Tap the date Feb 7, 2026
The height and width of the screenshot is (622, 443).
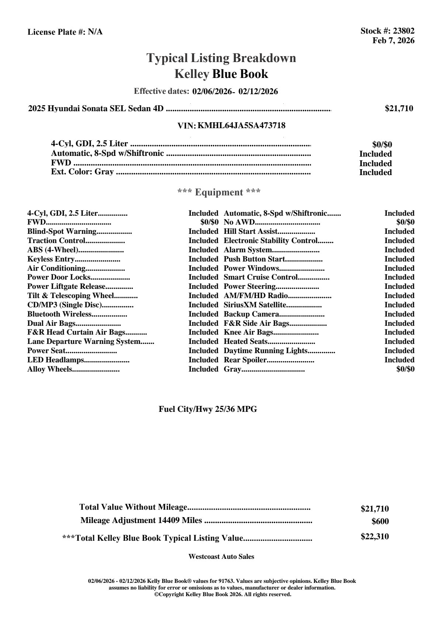point(393,40)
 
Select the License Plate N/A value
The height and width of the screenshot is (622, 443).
point(95,32)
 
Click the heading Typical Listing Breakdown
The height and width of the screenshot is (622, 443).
point(221,58)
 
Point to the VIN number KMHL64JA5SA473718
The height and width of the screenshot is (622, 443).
point(241,126)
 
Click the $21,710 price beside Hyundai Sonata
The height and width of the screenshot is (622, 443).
point(399,109)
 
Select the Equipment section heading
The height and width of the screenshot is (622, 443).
point(219,192)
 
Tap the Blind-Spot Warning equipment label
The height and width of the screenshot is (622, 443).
point(62,232)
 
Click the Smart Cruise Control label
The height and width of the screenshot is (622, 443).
point(260,277)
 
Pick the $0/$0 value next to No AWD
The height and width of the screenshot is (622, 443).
point(405,222)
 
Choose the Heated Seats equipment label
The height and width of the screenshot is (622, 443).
point(245,342)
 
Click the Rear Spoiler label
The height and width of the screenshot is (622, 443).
point(245,360)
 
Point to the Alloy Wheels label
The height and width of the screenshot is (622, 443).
point(49,369)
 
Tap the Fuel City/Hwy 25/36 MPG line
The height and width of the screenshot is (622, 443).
point(208,409)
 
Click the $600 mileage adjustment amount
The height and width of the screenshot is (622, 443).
point(380,522)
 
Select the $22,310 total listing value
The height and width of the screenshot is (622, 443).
point(374,537)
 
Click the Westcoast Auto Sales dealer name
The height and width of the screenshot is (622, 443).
point(221,557)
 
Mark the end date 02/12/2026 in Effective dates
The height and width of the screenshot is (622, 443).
point(258,91)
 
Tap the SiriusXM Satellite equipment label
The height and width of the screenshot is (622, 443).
point(255,305)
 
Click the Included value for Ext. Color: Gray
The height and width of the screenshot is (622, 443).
point(375,172)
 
